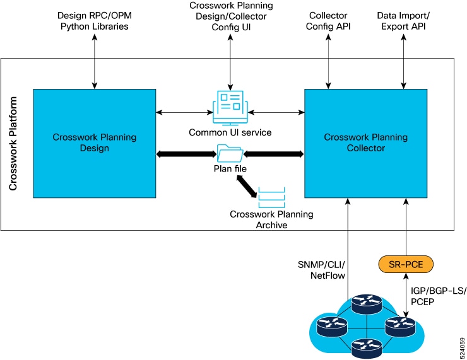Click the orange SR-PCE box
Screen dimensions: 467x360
click(406, 264)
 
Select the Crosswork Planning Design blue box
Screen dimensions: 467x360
click(95, 143)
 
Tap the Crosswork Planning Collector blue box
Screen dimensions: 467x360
click(366, 143)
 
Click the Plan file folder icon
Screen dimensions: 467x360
click(230, 153)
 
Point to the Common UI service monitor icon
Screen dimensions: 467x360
click(230, 108)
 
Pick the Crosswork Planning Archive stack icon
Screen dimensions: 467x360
click(271, 197)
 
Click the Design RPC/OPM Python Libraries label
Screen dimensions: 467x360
click(95, 21)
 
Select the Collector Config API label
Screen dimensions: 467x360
click(328, 21)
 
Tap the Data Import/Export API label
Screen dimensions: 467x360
click(403, 21)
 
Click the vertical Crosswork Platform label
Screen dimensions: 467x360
click(13, 143)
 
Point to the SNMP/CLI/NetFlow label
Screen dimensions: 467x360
click(321, 270)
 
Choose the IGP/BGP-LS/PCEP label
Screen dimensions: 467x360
click(438, 296)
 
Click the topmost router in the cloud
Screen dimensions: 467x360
click(366, 303)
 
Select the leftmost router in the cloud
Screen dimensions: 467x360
click(332, 327)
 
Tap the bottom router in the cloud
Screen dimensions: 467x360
click(366, 349)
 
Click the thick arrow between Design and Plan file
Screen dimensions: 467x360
click(186, 154)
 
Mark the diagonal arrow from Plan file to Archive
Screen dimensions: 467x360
click(246, 187)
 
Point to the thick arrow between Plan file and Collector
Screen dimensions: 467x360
click(274, 154)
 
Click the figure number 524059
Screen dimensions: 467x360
click(462, 348)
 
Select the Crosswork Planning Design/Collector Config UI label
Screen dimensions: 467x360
click(231, 16)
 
